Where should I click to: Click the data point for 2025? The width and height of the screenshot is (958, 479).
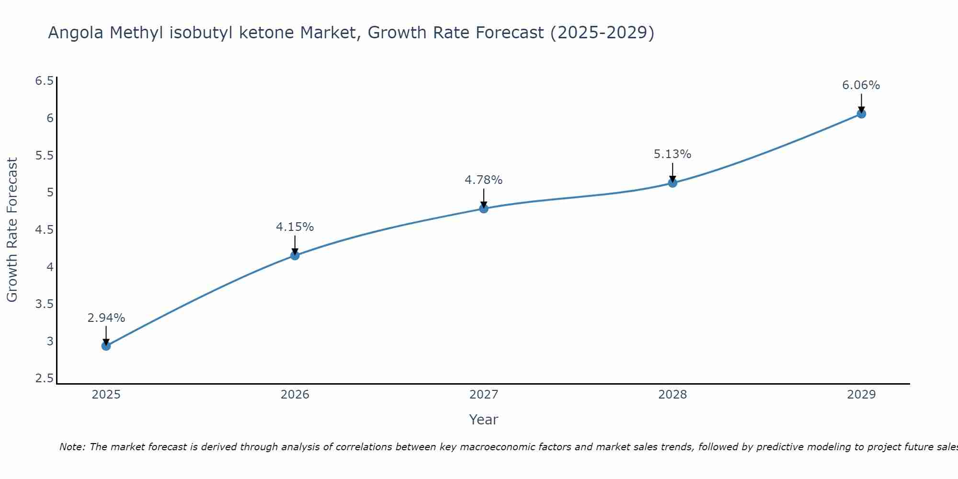[x=106, y=346]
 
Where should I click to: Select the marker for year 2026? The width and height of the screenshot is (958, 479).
[x=295, y=255]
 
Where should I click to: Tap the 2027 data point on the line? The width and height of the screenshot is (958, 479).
[x=483, y=208]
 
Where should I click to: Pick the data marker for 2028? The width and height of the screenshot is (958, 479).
[x=673, y=182]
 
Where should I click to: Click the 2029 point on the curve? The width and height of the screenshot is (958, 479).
[x=861, y=114]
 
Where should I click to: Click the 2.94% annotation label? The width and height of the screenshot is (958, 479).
[x=106, y=318]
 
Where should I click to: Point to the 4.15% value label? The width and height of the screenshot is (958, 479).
[x=295, y=227]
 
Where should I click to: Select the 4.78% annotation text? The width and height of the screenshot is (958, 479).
[x=483, y=180]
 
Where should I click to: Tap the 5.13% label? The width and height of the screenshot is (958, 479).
[x=673, y=154]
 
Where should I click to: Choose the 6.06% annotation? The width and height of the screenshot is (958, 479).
[x=861, y=85]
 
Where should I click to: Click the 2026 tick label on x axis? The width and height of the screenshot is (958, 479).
[x=295, y=395]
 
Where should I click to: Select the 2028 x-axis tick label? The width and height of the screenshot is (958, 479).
[x=673, y=395]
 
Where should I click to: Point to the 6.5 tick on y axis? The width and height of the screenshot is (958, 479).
[x=44, y=81]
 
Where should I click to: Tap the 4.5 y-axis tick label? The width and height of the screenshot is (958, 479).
[x=44, y=230]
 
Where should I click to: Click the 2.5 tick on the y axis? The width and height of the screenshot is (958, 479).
[x=44, y=379]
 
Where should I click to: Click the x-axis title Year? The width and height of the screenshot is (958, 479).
[x=483, y=420]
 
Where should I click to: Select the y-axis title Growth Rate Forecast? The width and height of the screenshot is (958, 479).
[x=12, y=230]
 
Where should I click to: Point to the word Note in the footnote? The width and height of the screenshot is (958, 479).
[x=71, y=447]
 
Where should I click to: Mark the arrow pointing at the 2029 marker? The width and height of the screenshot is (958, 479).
[x=861, y=103]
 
